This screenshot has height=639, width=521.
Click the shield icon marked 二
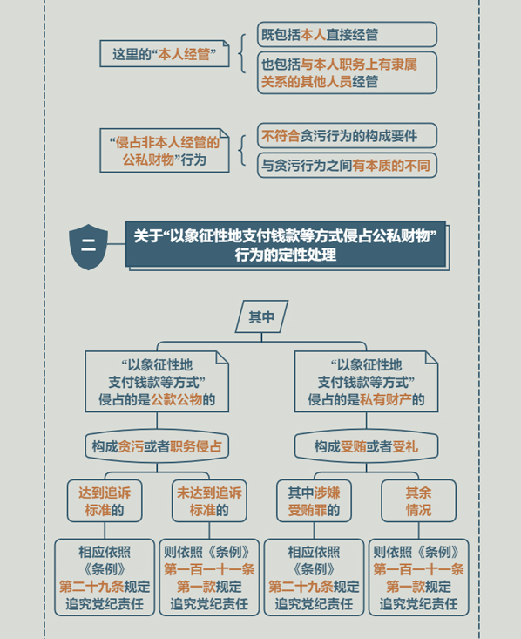(x=88, y=247)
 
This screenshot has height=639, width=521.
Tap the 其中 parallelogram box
(x=261, y=316)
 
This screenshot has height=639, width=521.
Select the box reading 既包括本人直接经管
(x=347, y=34)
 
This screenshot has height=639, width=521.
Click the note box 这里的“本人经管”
(x=165, y=53)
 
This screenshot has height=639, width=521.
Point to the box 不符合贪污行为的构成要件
(x=347, y=135)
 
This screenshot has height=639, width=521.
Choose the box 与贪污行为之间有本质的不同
(x=347, y=165)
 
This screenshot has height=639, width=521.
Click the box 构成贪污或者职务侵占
(x=157, y=446)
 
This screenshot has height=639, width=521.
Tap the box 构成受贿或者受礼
(x=366, y=446)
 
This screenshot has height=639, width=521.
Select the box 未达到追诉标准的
(x=209, y=501)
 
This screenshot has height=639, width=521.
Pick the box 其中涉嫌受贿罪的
(x=314, y=501)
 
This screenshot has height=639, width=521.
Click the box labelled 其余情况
(x=419, y=501)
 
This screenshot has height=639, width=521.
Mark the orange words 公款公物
(x=176, y=399)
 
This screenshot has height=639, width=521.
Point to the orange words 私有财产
(x=386, y=399)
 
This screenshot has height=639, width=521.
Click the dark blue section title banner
(x=286, y=244)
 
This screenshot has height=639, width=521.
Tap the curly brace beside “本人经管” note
(x=243, y=53)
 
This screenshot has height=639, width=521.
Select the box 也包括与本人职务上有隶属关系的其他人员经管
(x=347, y=72)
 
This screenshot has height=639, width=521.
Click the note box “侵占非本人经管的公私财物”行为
(x=165, y=150)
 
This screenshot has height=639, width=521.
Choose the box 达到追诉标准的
(x=105, y=501)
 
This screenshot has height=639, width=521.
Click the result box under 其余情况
(x=419, y=577)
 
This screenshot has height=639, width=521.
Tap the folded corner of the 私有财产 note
(x=430, y=357)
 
